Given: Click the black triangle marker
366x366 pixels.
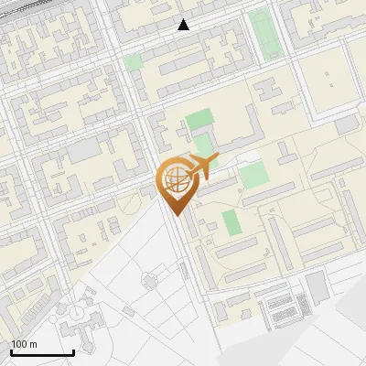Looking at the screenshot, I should (x=184, y=25).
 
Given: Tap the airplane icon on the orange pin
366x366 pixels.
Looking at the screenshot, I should (x=202, y=166).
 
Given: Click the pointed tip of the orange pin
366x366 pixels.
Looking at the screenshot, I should (x=176, y=215).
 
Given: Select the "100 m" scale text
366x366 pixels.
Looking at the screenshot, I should (x=24, y=344).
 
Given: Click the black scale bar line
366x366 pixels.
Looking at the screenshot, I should (x=42, y=352).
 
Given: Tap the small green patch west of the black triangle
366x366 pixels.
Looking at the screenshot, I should (x=134, y=61).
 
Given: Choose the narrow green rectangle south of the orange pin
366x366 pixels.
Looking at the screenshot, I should (x=231, y=222).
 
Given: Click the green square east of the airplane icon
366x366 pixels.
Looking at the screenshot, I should (x=253, y=174).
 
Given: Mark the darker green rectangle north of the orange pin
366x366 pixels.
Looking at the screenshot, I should (x=199, y=120).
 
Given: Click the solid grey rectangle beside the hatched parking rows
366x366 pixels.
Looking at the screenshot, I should (x=317, y=288).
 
